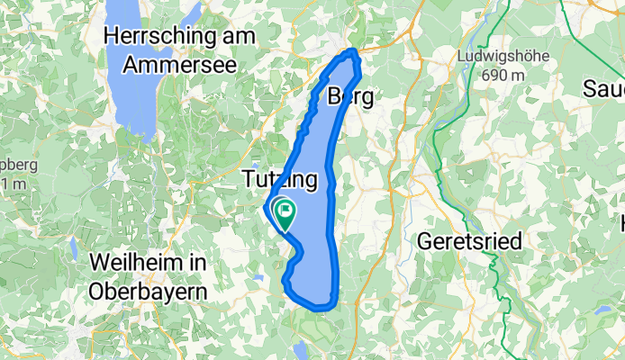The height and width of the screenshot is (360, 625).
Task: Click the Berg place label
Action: pos(350,96)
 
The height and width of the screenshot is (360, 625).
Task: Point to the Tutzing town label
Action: pos(281,180)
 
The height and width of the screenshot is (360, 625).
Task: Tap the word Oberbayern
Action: pos(149,291)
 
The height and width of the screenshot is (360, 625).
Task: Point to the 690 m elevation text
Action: pos(503,76)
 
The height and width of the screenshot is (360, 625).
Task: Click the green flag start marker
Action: pos(284,212)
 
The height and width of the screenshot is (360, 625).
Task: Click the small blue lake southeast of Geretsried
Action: pos(599,309)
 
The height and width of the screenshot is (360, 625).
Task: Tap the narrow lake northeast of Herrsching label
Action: pos(190,13)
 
